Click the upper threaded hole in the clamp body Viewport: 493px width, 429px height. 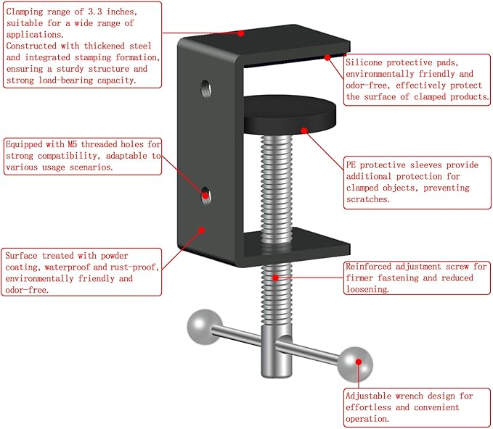coord(206,89)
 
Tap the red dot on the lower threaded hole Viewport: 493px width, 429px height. coord(205,196)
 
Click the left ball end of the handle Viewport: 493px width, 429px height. coord(204,327)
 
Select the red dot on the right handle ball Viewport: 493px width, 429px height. coord(359,362)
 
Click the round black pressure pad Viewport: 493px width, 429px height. coord(290,115)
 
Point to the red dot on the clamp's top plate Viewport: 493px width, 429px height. coord(241,33)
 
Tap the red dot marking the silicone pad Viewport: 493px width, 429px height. coord(327,57)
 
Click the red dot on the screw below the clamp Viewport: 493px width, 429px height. coord(276,278)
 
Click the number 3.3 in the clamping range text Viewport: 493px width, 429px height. coord(94,12)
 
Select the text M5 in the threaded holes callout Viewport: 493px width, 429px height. coord(73,144)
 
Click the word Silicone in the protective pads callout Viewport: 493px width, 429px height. coord(364,62)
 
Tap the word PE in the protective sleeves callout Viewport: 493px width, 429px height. coord(351,164)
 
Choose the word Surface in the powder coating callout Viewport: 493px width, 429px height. coord(21,256)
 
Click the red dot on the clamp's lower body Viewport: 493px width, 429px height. coord(202,230)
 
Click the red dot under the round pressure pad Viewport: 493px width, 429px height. coord(303,130)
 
